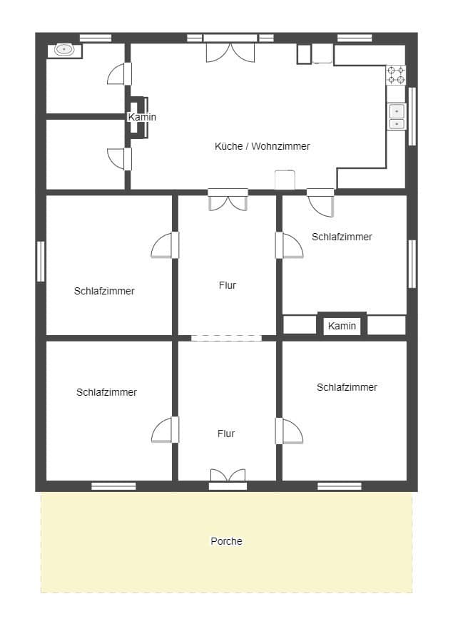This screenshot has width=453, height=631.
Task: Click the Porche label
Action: (x=226, y=541)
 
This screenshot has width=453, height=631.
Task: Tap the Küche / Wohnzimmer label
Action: (x=263, y=146)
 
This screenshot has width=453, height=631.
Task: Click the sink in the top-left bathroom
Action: (x=65, y=50)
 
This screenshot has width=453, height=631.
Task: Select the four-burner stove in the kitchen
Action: (x=396, y=75)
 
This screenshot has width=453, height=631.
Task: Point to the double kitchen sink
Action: (x=396, y=117)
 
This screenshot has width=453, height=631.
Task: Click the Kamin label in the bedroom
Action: (x=342, y=326)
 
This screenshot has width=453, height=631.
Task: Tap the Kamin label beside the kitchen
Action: (x=142, y=117)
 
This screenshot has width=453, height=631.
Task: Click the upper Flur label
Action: (x=227, y=285)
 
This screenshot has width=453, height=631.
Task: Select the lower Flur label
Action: (x=226, y=434)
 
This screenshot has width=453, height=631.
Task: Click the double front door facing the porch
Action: (x=228, y=478)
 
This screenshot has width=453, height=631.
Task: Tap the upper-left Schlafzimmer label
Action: (x=104, y=291)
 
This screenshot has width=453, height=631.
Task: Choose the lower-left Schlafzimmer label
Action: (x=106, y=392)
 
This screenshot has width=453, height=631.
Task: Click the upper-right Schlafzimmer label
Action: (x=342, y=237)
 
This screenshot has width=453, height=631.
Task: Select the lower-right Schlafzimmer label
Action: (x=347, y=387)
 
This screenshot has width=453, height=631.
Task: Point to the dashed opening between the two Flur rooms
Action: (x=226, y=338)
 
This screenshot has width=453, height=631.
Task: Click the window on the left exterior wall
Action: (x=41, y=261)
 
